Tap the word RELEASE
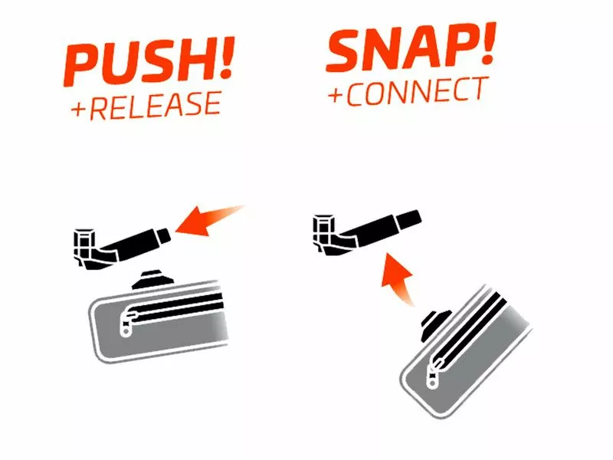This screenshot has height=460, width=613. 156,105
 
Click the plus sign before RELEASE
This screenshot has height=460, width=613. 78,110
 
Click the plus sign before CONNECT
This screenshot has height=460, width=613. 336,95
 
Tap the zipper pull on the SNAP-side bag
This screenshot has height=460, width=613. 434,373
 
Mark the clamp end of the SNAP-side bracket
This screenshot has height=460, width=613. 323,232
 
